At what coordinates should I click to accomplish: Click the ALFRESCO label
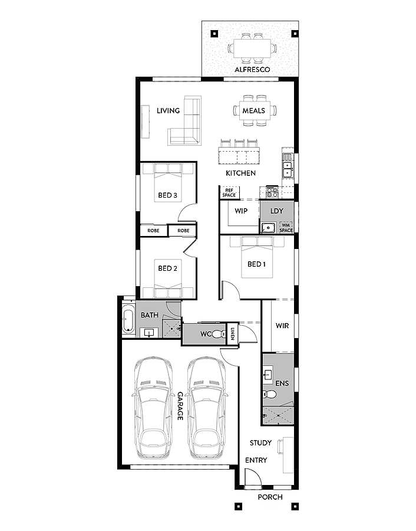(x=252, y=70)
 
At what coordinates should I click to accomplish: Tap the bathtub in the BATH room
(x=128, y=319)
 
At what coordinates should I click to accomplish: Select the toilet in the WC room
(x=219, y=335)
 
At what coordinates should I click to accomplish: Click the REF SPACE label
(x=229, y=193)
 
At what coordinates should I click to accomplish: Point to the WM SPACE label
(x=286, y=228)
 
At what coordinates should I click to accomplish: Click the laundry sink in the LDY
(x=268, y=228)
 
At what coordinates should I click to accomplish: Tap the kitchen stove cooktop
(x=272, y=192)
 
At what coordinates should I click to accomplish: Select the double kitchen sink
(x=287, y=169)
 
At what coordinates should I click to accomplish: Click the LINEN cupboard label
(x=233, y=334)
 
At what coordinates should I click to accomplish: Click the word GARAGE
(x=180, y=406)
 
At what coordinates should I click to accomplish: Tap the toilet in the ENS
(x=270, y=394)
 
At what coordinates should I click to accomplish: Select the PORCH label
(x=270, y=497)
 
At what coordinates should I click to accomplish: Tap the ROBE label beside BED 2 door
(x=183, y=231)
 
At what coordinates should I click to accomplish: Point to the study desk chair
(x=280, y=447)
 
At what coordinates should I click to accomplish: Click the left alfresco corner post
(x=214, y=34)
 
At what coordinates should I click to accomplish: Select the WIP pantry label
(x=241, y=211)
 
